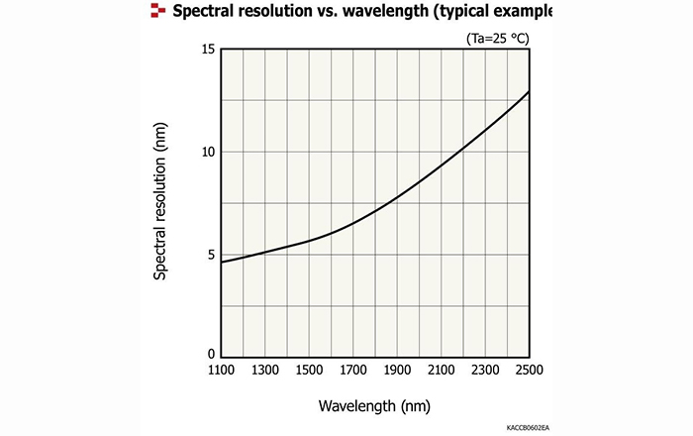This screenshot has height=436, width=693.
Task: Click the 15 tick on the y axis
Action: (209, 50)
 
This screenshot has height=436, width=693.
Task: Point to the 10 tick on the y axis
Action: (209, 152)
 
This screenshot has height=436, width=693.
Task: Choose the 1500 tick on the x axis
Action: (309, 370)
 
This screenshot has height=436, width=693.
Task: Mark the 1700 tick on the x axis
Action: (352, 370)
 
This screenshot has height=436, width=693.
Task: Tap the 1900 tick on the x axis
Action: (397, 370)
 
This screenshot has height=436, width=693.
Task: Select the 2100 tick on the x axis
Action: (442, 370)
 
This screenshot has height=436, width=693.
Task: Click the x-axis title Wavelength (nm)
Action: (374, 406)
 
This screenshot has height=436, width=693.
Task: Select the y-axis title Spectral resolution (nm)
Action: (160, 202)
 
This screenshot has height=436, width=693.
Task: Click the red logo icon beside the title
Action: (156, 11)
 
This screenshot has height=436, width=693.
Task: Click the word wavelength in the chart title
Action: (371, 12)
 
